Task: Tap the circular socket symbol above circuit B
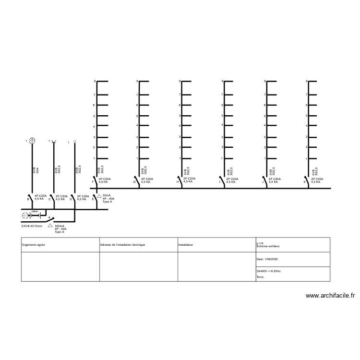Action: tap(32, 141)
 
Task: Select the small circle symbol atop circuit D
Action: tap(74, 142)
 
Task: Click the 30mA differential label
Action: tap(106, 195)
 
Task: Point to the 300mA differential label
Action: tap(60, 226)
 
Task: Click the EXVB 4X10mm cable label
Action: tap(32, 226)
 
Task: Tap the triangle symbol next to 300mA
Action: tap(50, 225)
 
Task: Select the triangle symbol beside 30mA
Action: tap(99, 196)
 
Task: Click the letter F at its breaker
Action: tap(93, 182)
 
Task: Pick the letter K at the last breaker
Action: tap(305, 182)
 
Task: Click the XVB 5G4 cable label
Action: tap(36, 170)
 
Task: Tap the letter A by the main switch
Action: tap(49, 217)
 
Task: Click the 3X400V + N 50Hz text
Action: tap(269, 271)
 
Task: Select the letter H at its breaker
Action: tap(177, 182)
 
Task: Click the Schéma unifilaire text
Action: tap(268, 246)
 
